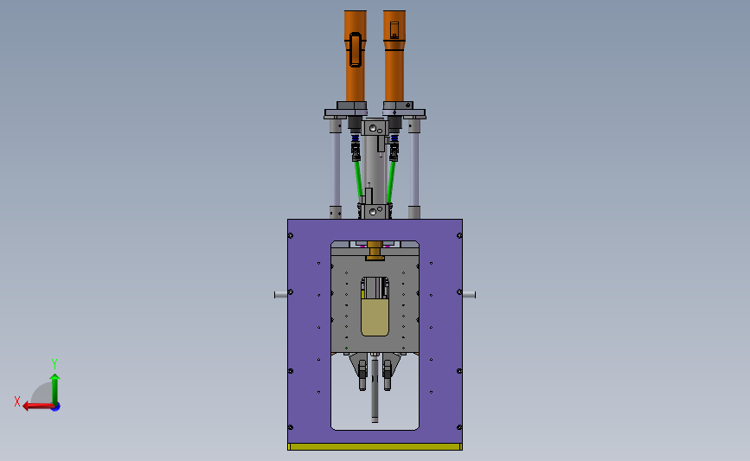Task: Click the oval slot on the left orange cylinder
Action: coord(356,49)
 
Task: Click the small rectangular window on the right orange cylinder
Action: coord(394,29)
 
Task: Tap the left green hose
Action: coord(358,180)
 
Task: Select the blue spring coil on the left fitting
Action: coord(356,138)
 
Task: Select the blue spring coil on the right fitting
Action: coord(394,138)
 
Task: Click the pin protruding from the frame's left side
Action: coord(281,295)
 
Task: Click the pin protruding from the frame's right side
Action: coord(469,295)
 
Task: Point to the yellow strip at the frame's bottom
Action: coord(375,446)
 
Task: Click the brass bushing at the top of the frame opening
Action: coord(375,251)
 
